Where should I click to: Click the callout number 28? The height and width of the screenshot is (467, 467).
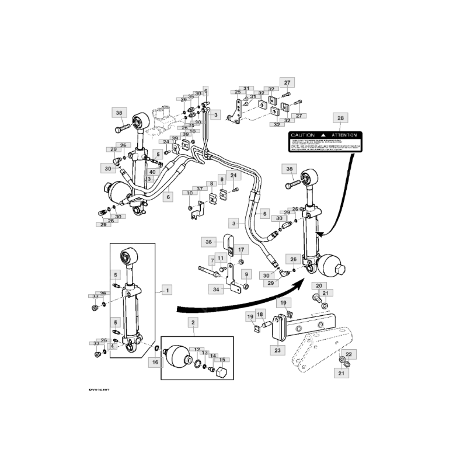(340, 119)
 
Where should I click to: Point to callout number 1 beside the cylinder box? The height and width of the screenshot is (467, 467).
(167, 290)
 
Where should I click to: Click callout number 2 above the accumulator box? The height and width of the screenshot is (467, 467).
(192, 322)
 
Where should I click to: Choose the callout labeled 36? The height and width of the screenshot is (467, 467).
(208, 242)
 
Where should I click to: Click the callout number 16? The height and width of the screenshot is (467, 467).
(155, 363)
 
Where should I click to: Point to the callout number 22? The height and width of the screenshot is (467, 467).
(348, 354)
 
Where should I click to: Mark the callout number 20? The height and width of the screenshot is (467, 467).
(319, 285)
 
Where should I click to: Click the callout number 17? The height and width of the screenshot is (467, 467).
(242, 249)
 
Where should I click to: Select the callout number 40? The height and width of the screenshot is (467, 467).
(152, 172)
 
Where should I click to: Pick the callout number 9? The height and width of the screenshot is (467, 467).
(246, 274)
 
